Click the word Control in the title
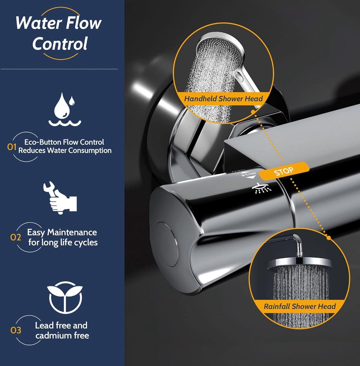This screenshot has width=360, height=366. [x=60, y=44]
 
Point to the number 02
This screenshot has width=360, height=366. [x=15, y=237]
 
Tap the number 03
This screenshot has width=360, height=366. [x=16, y=330]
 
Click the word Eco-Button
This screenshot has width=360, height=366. [x=43, y=142]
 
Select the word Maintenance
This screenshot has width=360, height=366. [x=72, y=232]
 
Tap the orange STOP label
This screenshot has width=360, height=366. [x=284, y=171]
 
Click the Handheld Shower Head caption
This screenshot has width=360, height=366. [x=223, y=99]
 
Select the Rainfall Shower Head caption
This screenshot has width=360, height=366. [x=300, y=306]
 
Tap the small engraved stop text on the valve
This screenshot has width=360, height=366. [x=249, y=174]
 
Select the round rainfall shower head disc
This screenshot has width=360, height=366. [x=299, y=263]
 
